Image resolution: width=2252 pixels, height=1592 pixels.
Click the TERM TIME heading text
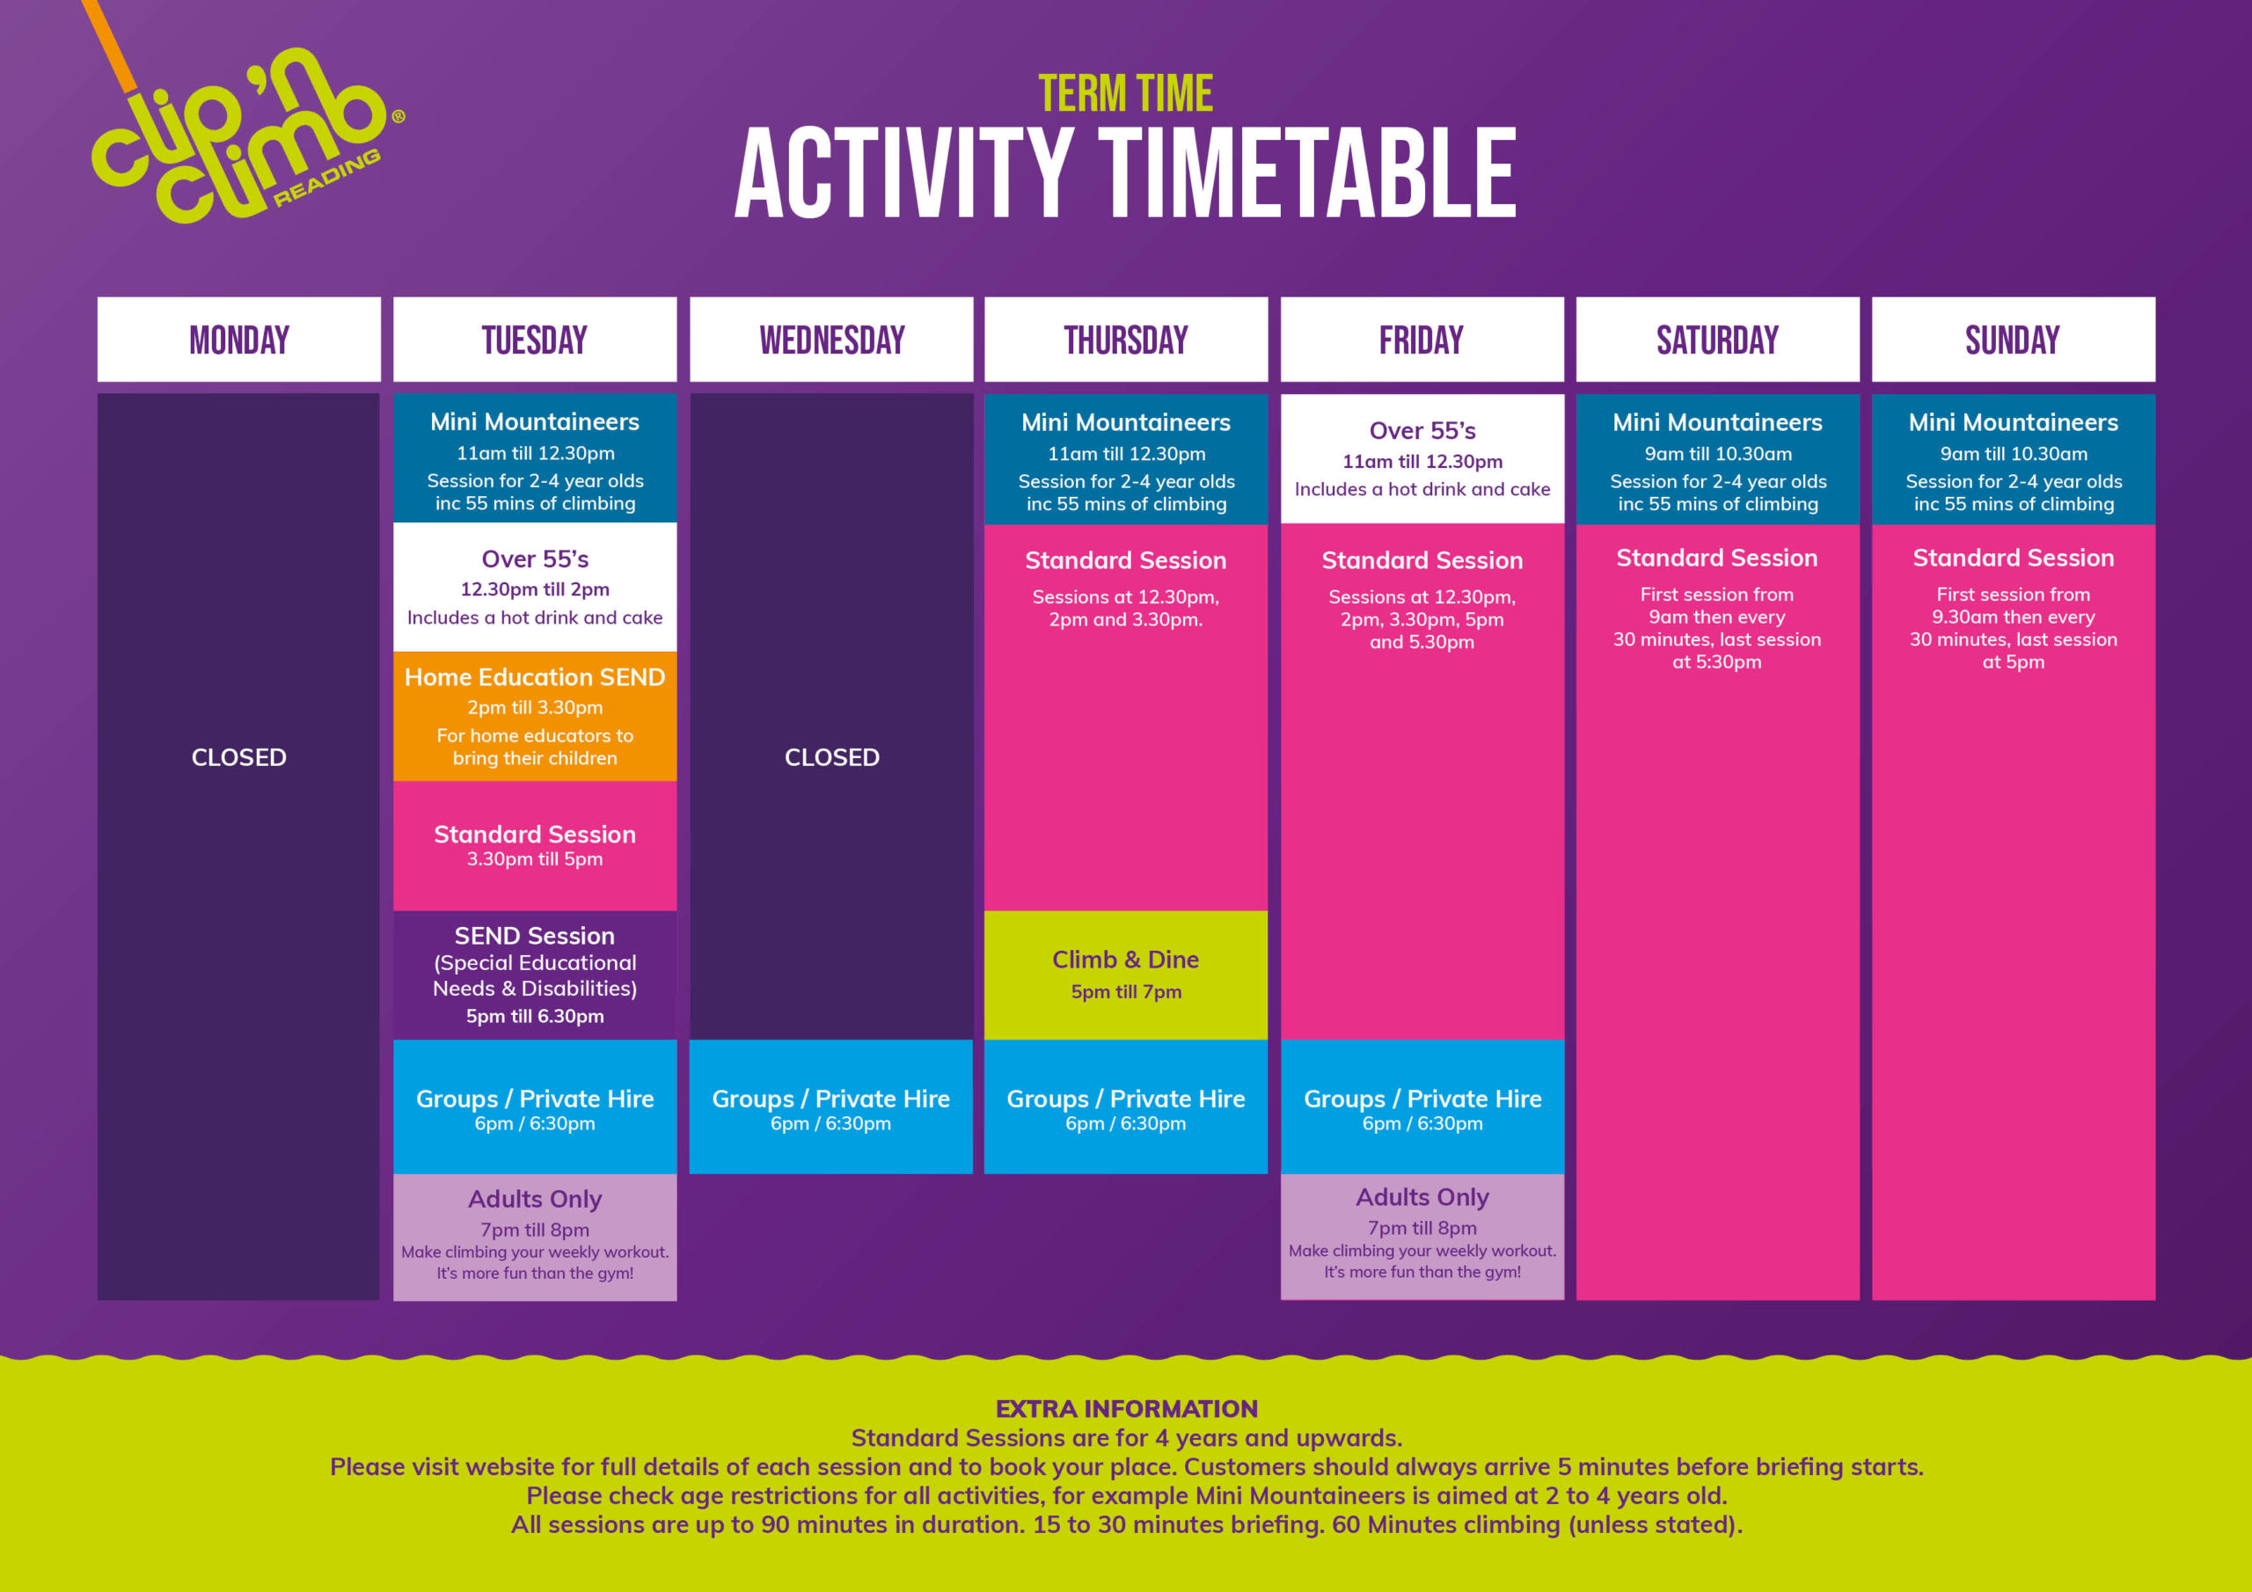(x=1125, y=94)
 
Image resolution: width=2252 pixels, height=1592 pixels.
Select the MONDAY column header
(x=238, y=340)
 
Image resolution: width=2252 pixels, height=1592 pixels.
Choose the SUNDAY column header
(x=2013, y=340)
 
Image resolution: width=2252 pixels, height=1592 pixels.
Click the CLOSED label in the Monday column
(x=238, y=757)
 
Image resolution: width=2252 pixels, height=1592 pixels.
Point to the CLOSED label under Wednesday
(x=832, y=757)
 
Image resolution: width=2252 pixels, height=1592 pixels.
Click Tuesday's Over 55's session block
(x=535, y=587)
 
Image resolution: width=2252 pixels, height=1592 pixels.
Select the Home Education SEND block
(x=535, y=716)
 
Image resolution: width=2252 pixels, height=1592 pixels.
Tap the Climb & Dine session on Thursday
(x=1126, y=975)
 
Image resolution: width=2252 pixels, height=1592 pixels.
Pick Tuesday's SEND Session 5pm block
(x=535, y=975)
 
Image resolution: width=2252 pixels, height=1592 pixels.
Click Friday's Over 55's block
(x=1422, y=459)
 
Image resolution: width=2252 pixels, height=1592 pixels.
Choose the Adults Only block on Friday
(x=1422, y=1237)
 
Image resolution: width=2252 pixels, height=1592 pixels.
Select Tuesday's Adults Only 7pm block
(x=535, y=1237)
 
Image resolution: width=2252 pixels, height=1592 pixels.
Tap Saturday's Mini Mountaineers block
(x=1717, y=459)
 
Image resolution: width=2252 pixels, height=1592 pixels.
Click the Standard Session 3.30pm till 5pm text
(x=535, y=845)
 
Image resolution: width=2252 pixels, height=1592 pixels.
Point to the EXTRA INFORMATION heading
(x=1126, y=1408)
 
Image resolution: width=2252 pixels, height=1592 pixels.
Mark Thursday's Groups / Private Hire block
(x=1126, y=1106)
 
